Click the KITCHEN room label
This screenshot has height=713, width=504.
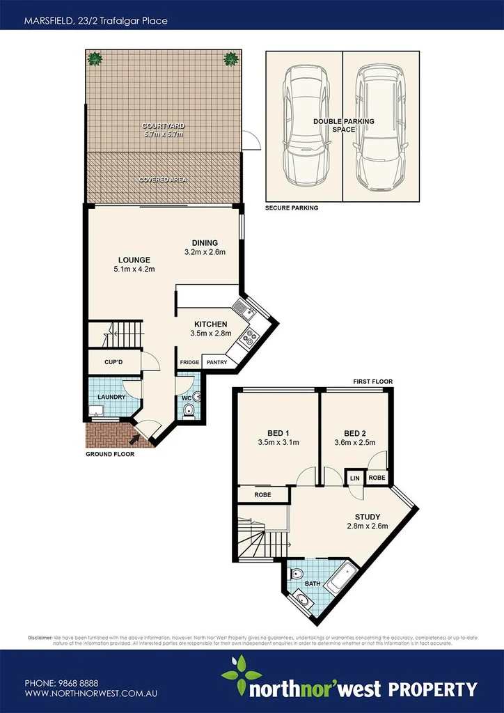[x=210, y=324]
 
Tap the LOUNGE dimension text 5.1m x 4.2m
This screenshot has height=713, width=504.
[x=134, y=269]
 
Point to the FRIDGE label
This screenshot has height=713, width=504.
[x=189, y=363]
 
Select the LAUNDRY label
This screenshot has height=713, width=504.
[x=111, y=397]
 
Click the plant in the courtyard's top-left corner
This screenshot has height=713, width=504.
[x=95, y=58]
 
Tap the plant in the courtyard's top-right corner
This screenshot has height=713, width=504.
[x=230, y=58]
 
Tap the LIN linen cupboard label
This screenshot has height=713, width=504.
[x=354, y=478]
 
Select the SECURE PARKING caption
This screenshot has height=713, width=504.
[x=291, y=207]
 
